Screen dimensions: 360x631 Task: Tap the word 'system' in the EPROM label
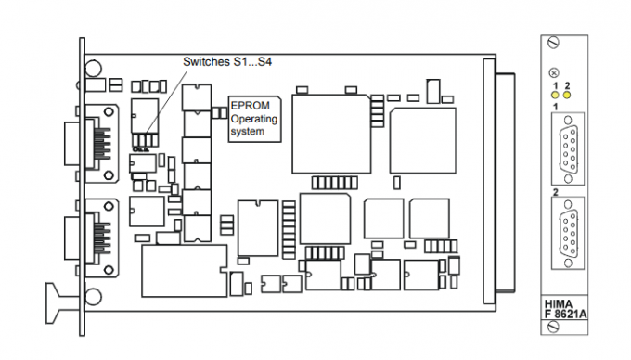coord(247,132)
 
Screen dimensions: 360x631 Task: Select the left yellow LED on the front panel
coord(554,95)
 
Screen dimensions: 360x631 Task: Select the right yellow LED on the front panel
coord(566,95)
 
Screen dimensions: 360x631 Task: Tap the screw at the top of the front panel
coord(555,43)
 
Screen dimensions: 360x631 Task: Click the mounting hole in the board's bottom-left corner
coord(94,298)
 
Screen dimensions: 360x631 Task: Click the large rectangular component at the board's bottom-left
coord(184,268)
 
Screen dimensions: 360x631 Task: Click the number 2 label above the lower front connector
coord(556,193)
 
